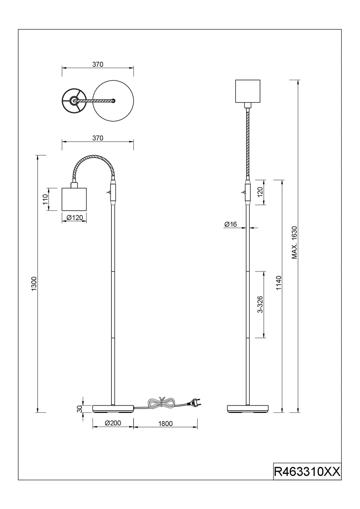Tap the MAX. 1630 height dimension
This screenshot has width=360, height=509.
(x=295, y=243)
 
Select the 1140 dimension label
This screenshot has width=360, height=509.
(x=279, y=283)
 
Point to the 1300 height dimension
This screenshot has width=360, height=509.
(x=34, y=284)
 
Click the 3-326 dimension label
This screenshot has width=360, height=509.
(x=260, y=304)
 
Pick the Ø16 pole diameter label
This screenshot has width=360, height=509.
(x=231, y=224)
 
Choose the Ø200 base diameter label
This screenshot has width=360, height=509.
(x=113, y=423)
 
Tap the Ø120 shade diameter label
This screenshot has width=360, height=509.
(x=75, y=218)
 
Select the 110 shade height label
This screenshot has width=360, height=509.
(x=45, y=199)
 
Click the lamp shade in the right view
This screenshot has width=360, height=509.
(x=247, y=91)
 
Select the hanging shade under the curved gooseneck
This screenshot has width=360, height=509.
(x=74, y=199)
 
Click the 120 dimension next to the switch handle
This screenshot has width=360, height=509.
(x=260, y=192)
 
